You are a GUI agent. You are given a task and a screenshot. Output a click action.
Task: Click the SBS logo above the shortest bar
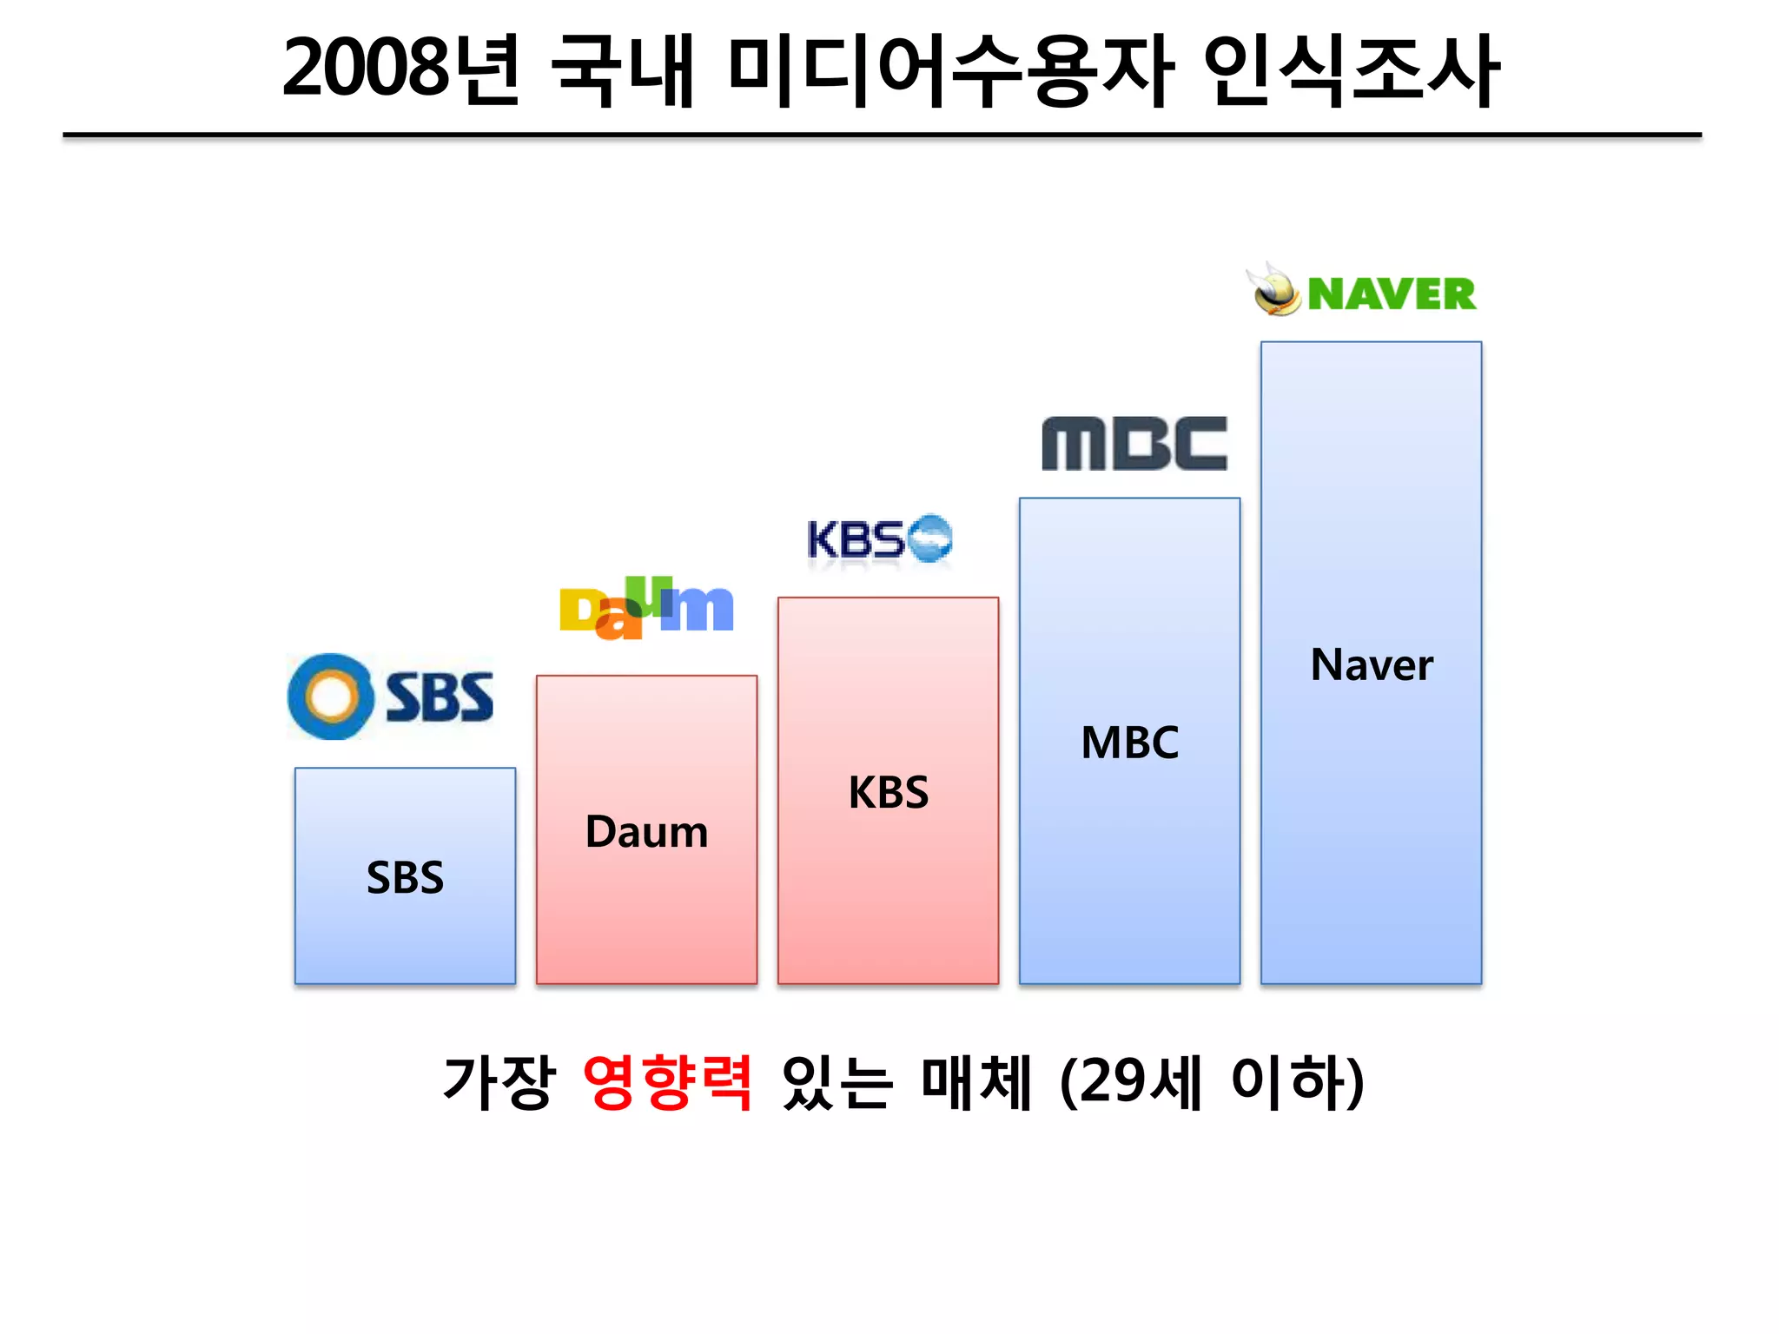click(391, 697)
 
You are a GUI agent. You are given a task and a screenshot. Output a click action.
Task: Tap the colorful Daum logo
click(646, 608)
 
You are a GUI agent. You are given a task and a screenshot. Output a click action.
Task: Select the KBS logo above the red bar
click(878, 539)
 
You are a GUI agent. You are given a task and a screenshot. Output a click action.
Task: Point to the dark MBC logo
click(1134, 444)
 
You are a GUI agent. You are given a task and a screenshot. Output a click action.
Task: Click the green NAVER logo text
click(1391, 294)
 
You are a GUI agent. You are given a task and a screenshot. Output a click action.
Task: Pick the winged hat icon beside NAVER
click(1273, 290)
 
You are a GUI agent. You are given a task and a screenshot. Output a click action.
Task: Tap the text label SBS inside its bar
click(405, 877)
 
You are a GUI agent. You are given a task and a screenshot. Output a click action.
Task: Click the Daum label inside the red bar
click(646, 832)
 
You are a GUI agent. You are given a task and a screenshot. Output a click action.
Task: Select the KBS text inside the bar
click(888, 792)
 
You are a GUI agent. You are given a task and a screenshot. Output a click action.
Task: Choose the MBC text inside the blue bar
click(1129, 743)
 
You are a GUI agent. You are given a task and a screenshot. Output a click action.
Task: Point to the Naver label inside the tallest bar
click(1371, 665)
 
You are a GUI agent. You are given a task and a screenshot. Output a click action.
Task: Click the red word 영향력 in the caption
click(667, 1082)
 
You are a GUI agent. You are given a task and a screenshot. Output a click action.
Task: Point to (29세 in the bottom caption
click(1130, 1082)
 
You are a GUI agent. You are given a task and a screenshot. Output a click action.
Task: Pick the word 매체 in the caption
click(975, 1082)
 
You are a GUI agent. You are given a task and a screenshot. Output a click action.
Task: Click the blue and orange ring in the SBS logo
click(331, 697)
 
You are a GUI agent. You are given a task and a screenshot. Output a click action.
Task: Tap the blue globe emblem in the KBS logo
click(929, 538)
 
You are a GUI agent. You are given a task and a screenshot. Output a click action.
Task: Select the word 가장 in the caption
click(498, 1082)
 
